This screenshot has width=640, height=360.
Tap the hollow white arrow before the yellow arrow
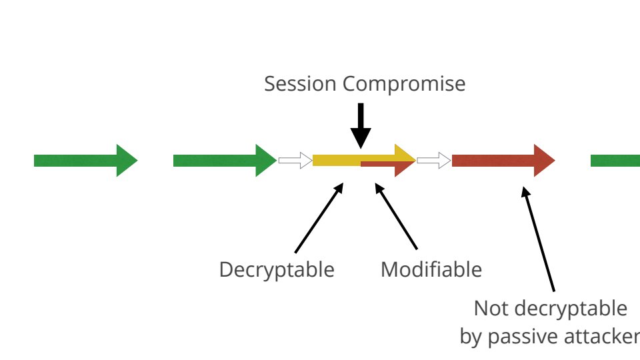(x=295, y=161)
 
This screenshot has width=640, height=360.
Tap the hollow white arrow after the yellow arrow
(x=433, y=161)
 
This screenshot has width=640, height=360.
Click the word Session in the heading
(x=301, y=84)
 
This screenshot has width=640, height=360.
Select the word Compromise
(x=404, y=85)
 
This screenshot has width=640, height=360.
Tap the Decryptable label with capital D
(x=277, y=269)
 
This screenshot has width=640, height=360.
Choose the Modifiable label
(x=431, y=269)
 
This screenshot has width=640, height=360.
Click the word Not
(x=489, y=308)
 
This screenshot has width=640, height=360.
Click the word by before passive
(x=471, y=337)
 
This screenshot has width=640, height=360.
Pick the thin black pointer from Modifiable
(x=396, y=217)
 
